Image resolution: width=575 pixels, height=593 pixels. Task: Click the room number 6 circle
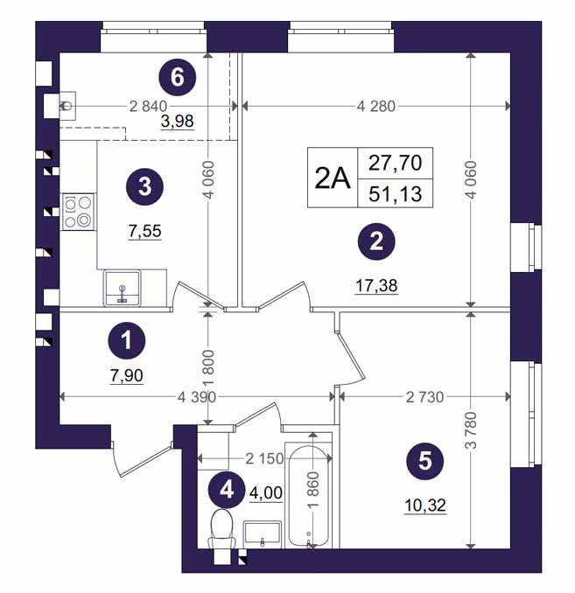177,78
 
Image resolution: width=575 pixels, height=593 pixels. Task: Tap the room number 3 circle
144,187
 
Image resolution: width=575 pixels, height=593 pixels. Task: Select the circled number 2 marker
376,241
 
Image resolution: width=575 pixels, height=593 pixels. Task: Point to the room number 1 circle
127,341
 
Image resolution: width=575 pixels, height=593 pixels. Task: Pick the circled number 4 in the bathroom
227,490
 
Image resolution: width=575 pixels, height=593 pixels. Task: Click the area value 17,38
376,285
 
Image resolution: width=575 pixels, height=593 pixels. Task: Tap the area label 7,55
145,231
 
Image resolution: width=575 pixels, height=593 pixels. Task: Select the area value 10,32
425,506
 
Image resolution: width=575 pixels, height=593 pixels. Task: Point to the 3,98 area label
177,122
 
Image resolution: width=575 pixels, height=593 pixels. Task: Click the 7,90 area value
127,376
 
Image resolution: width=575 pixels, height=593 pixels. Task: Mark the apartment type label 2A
333,178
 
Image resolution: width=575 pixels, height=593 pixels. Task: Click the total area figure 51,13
396,194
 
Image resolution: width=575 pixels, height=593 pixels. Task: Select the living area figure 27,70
396,163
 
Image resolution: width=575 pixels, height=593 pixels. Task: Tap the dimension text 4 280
375,107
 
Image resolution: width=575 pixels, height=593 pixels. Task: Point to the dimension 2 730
424,397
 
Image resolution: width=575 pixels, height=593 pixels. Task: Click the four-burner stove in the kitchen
79,212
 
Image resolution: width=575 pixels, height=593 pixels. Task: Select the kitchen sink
122,288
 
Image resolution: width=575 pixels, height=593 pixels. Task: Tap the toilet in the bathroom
222,528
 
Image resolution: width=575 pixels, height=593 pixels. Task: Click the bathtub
309,496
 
